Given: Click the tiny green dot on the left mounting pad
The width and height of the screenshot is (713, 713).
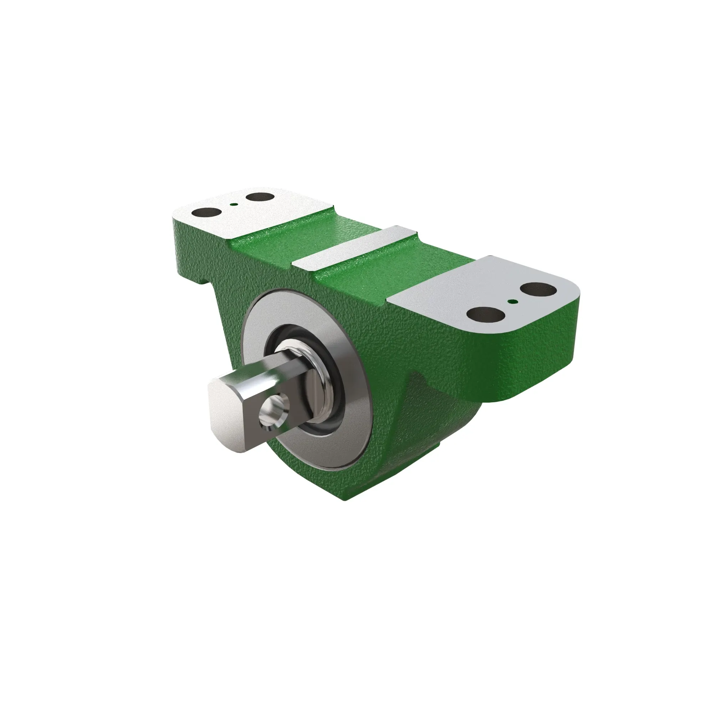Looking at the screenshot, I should point(232,203).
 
